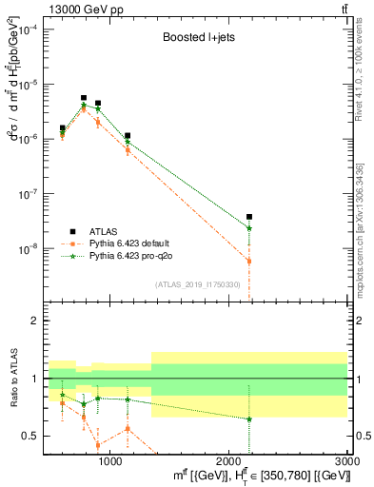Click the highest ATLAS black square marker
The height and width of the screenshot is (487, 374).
[x=84, y=98]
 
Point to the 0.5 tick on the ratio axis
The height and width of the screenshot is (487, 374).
[x=31, y=436]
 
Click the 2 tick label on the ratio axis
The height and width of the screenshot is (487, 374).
[x=35, y=321]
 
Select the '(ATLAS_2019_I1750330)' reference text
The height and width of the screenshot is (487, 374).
[x=196, y=284]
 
